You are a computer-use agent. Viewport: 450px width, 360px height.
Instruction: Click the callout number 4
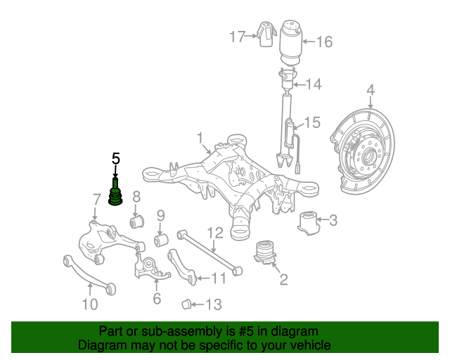370,90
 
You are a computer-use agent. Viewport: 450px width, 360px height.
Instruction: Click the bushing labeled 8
137,223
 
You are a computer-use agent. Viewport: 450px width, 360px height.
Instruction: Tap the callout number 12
214,231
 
